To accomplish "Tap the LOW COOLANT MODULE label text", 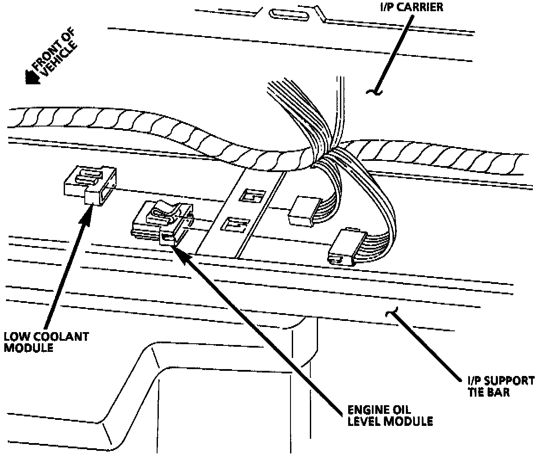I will point(46,342).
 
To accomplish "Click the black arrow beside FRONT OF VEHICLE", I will point(32,77).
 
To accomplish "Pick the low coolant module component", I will point(90,185).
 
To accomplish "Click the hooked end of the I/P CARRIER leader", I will point(373,90).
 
